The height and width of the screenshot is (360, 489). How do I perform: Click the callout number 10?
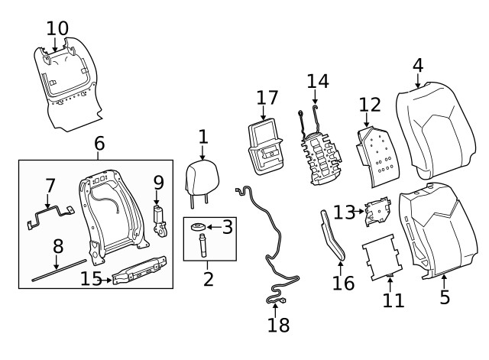click(57, 28)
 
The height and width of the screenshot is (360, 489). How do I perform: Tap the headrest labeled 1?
click(202, 178)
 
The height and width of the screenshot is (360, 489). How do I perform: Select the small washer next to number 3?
click(198, 227)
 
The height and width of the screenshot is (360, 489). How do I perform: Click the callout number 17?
click(267, 98)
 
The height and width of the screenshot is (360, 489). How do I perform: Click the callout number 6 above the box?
click(99, 143)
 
